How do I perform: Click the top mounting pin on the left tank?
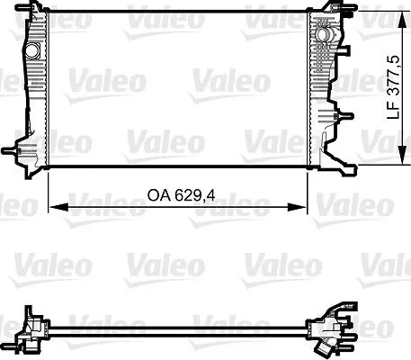click(36, 12)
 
